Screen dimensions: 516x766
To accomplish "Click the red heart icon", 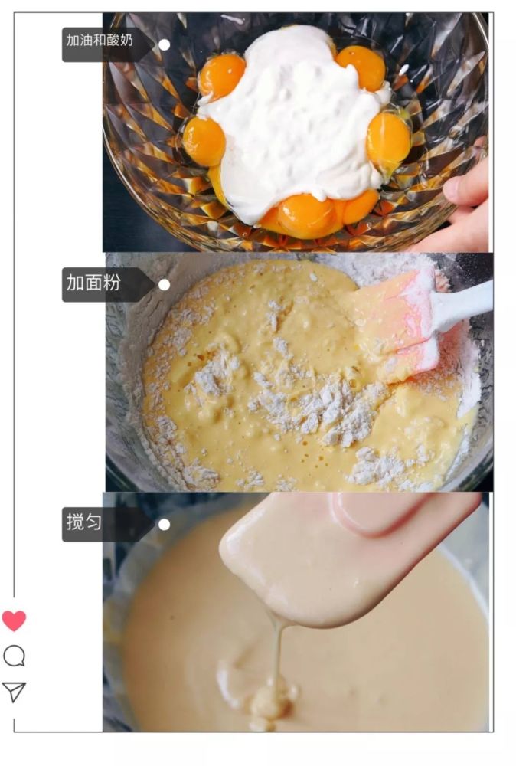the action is tap(14, 620).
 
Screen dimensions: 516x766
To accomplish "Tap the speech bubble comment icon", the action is tap(14, 656).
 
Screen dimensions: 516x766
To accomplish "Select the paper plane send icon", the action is tap(14, 692).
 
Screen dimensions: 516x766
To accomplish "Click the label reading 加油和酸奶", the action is tap(100, 40).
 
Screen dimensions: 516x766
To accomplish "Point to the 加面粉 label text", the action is tap(93, 283).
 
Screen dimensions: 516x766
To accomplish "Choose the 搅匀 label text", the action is tap(84, 522).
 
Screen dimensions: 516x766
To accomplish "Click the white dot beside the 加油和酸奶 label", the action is tap(165, 45).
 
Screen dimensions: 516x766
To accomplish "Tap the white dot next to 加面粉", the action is tap(165, 285).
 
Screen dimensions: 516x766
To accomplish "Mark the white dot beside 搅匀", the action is tap(165, 525).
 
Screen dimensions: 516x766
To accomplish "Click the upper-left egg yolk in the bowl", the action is tap(221, 75).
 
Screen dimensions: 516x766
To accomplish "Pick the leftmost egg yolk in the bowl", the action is tap(204, 142).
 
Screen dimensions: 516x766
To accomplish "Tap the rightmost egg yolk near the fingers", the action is tap(389, 139).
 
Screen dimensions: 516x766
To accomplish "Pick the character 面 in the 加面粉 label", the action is tap(93, 283).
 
